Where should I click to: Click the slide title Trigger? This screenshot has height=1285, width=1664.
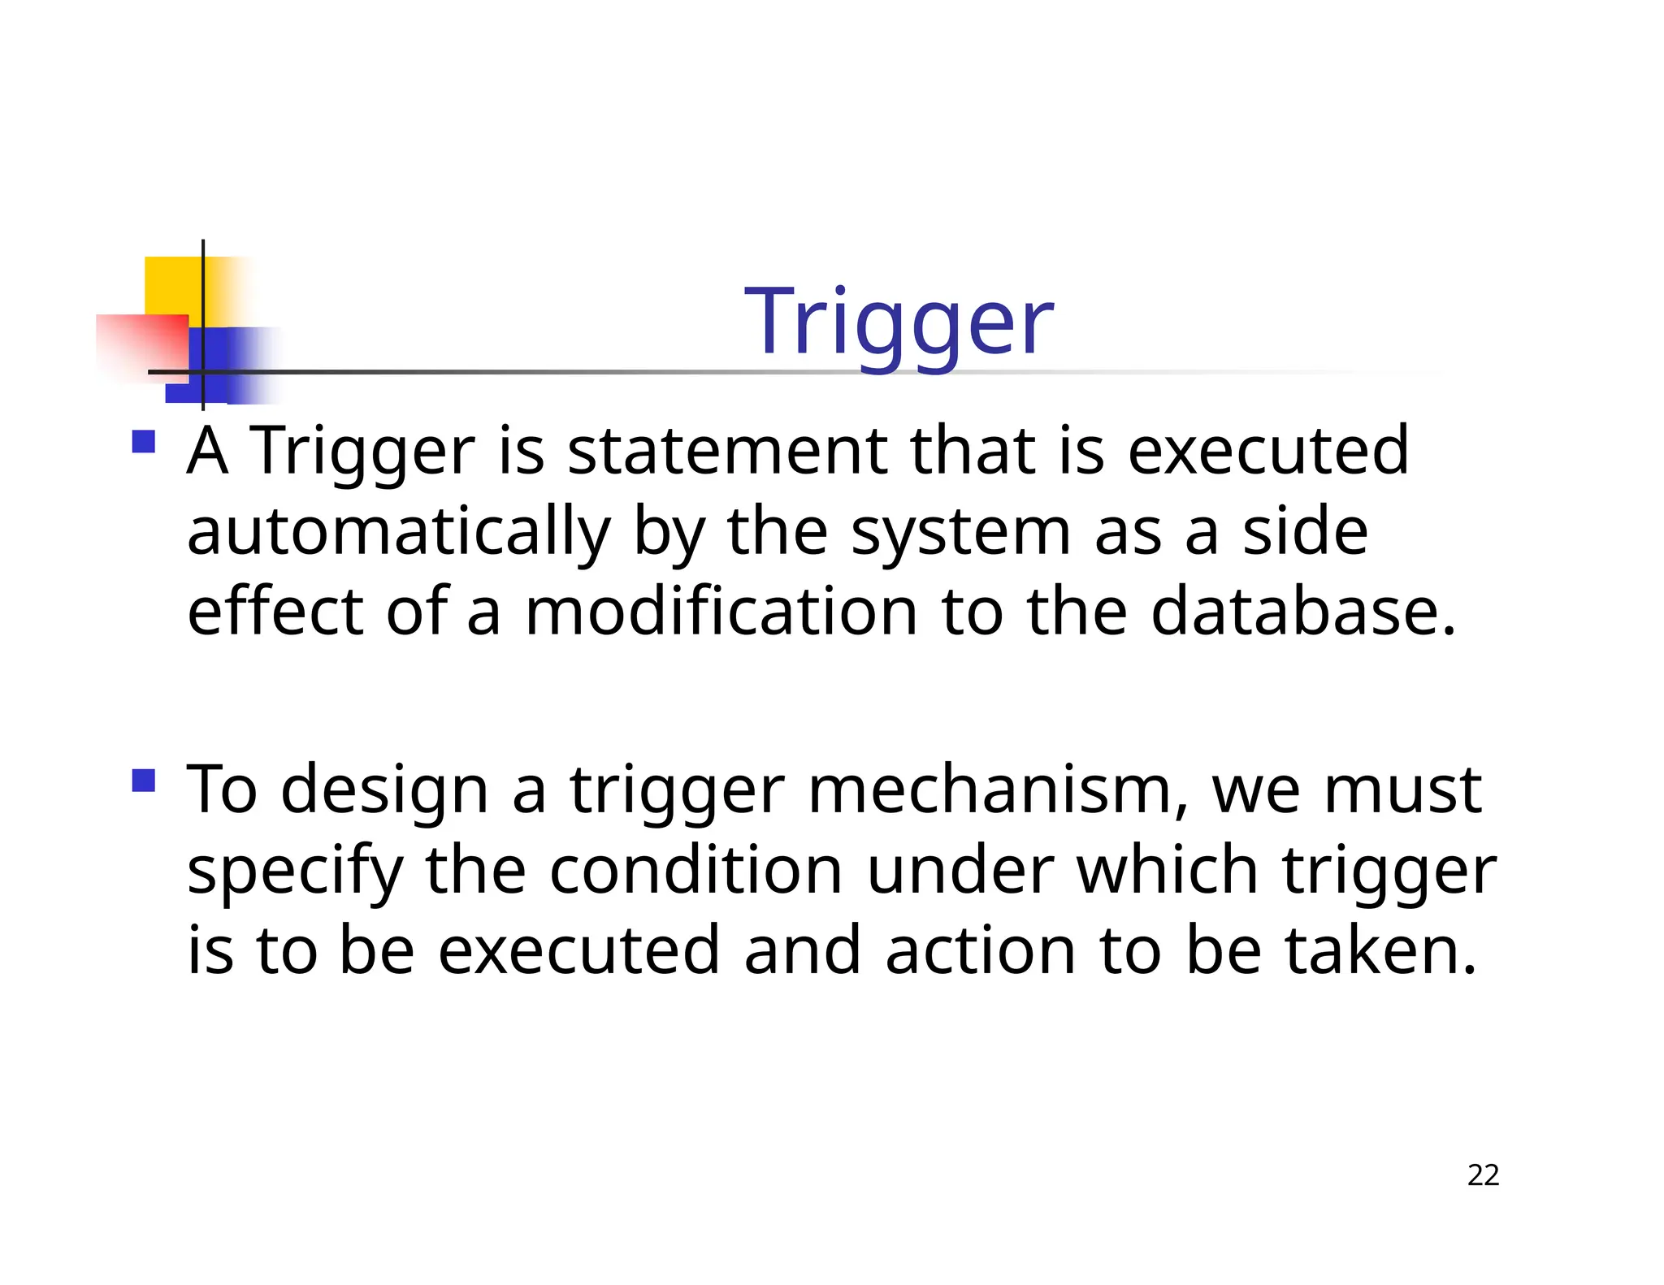[899, 323]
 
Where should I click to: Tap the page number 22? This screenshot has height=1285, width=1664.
[1483, 1175]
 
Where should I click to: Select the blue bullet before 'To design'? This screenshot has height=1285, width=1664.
[144, 781]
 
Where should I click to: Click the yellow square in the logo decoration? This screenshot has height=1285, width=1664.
[172, 285]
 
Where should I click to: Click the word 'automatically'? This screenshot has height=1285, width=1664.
[398, 533]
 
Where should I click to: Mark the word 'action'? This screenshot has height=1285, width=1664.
[980, 950]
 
